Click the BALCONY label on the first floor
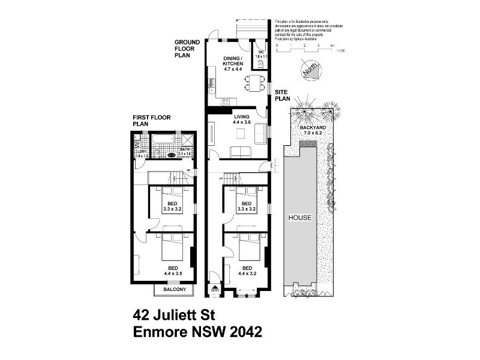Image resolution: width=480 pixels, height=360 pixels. click(x=174, y=290)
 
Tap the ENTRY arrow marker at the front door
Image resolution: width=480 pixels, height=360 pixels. click(x=215, y=290)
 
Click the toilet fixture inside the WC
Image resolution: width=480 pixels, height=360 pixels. click(x=262, y=62)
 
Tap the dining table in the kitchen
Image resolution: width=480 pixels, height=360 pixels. click(x=256, y=83)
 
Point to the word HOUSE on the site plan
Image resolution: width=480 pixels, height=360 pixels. click(x=299, y=218)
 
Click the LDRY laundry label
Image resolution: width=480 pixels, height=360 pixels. click(x=142, y=154)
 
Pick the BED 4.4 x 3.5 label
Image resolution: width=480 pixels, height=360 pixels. click(x=173, y=271)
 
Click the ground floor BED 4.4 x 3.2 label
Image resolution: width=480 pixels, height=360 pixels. click(x=247, y=271)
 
